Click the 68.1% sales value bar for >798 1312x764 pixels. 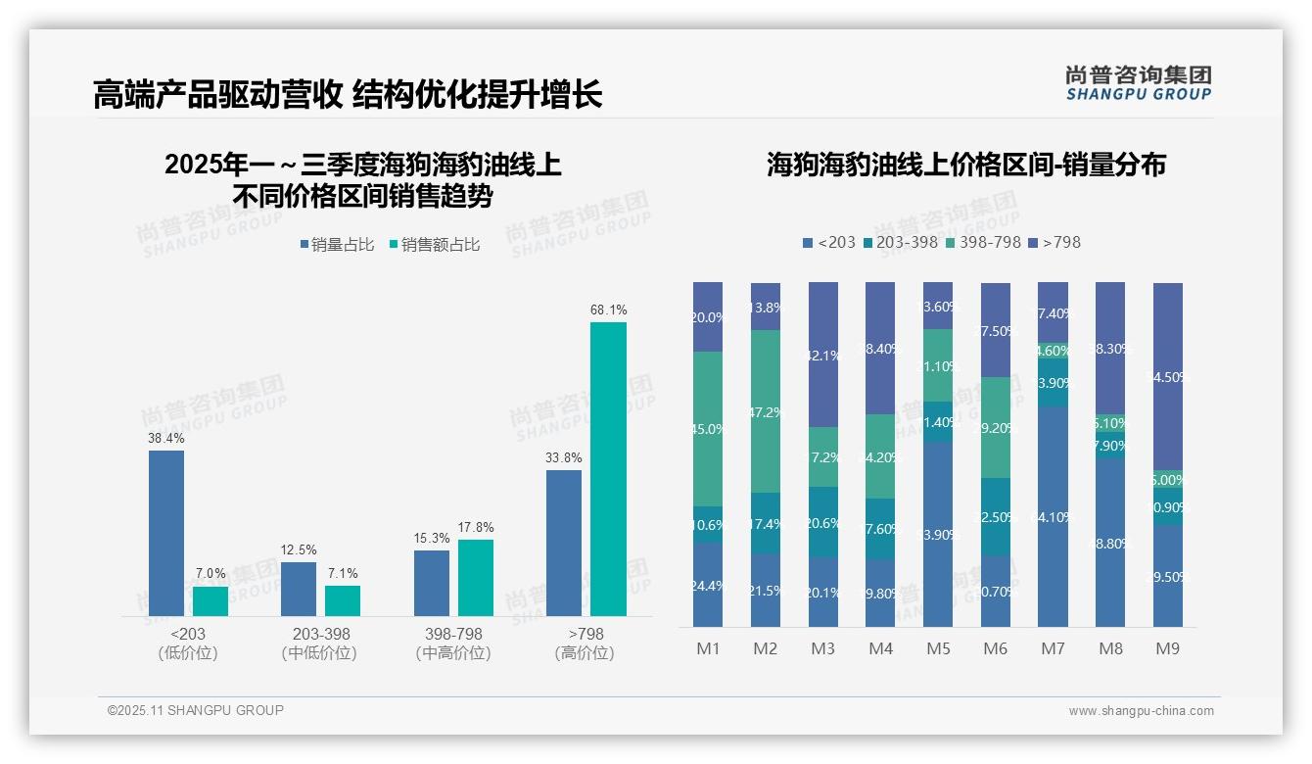pos(608,468)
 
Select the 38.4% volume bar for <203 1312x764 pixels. pos(166,533)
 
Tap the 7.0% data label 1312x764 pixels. pos(211,573)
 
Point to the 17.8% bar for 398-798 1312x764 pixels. pos(476,578)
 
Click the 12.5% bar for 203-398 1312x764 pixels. pos(299,589)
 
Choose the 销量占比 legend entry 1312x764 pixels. pos(337,245)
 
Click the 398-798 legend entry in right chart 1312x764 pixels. pos(984,242)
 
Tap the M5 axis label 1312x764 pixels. pos(938,648)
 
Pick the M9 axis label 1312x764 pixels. pos(1167,648)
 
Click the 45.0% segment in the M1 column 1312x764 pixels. pos(708,429)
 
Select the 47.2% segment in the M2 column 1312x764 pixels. pos(766,411)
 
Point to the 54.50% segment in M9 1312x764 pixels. pos(1167,377)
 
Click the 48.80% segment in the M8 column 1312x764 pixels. pos(1110,543)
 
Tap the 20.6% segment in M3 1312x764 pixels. pos(823,522)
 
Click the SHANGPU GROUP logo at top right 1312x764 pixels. pos(1138,82)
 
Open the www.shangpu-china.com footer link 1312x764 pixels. pos(1141,711)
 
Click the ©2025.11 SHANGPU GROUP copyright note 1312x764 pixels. pos(196,710)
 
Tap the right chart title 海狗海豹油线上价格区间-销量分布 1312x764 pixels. pos(965,165)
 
